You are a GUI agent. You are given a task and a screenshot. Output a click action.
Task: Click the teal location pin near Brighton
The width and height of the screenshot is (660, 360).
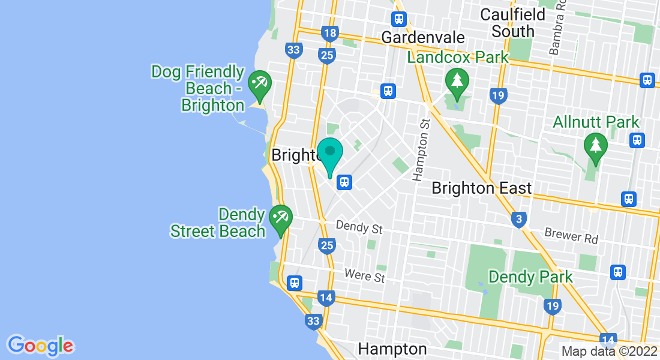coord(329,154)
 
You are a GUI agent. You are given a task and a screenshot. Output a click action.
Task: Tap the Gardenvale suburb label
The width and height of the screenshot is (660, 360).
coord(423,37)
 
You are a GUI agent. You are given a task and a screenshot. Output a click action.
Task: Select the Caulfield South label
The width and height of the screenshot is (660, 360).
coord(512,22)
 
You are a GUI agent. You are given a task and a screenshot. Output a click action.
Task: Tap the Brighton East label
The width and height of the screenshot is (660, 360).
coord(482,188)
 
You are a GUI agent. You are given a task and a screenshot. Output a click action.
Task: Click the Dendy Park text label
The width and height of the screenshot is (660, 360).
coord(530,277)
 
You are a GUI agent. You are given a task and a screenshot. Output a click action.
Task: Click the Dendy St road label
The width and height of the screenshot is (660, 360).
coord(359,228)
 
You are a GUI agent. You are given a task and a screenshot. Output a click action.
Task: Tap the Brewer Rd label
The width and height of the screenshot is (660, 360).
coord(571,236)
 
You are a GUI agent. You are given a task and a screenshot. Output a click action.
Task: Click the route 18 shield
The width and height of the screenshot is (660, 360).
coord(329,33)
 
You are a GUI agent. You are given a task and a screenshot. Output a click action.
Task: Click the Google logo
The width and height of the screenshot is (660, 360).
coord(40,346)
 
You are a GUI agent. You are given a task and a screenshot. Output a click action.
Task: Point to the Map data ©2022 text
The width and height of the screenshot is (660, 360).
coord(610,351)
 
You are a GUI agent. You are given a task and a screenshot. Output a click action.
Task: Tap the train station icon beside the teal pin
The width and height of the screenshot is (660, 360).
coord(344,182)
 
